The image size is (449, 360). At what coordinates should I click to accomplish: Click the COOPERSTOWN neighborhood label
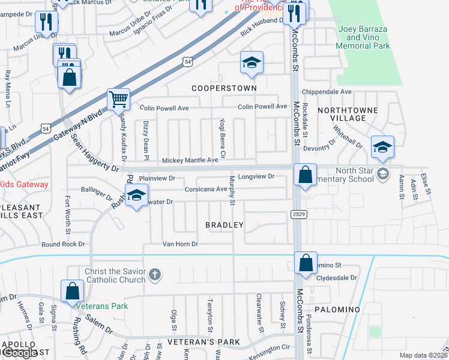pos(224,88)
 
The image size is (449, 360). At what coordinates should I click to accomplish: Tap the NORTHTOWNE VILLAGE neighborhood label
pos(348,114)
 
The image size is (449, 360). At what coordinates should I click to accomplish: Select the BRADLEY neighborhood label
pos(224,225)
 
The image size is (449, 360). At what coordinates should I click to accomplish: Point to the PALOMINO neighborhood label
pos(337,310)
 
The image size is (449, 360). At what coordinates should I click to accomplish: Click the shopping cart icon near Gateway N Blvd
pos(119,99)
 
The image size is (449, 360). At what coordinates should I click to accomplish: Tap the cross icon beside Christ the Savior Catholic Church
pos(155,275)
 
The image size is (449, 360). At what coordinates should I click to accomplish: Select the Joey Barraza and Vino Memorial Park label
pos(364,37)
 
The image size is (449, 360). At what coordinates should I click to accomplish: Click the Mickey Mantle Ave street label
pos(190,161)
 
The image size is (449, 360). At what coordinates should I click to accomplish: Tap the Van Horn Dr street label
pos(180,244)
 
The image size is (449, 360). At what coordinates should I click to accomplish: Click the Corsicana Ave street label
pos(206,189)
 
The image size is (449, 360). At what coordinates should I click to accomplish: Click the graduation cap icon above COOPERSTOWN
pos(252,62)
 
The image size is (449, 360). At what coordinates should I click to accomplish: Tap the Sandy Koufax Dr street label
pos(123,131)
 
